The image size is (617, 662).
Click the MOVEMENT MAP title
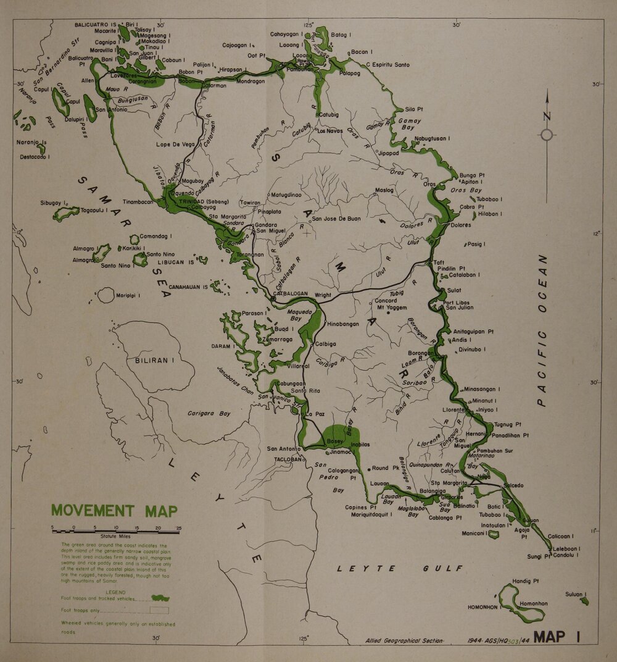(x=114, y=511)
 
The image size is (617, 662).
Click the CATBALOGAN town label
(x=299, y=295)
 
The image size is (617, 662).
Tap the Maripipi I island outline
(x=106, y=296)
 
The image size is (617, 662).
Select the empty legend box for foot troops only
(x=159, y=610)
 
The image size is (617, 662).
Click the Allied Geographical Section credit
(x=404, y=640)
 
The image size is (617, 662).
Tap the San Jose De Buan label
(x=336, y=219)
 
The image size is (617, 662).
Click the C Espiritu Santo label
(x=388, y=65)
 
